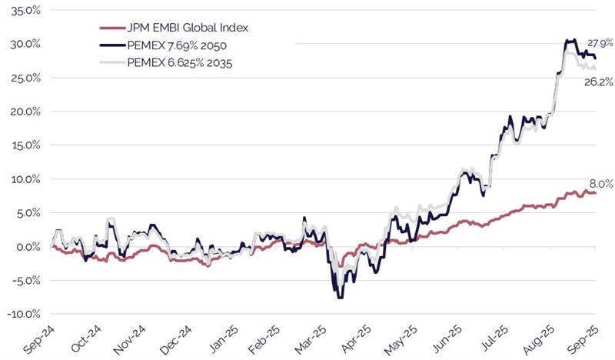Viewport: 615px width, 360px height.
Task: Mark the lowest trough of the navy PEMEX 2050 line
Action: (340, 297)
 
